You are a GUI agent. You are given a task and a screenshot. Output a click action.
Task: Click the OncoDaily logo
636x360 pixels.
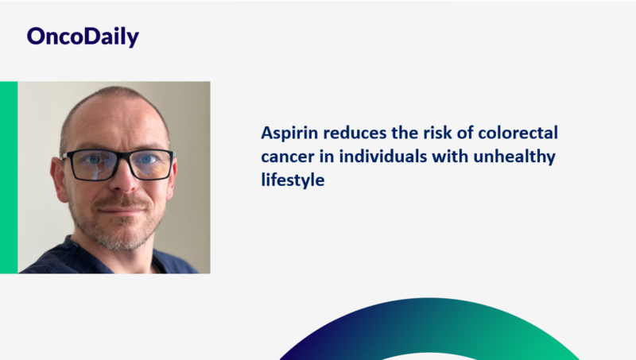82,37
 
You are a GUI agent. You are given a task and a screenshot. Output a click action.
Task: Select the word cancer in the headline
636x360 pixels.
285,157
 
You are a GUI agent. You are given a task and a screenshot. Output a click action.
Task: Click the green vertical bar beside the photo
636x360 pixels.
8,176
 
